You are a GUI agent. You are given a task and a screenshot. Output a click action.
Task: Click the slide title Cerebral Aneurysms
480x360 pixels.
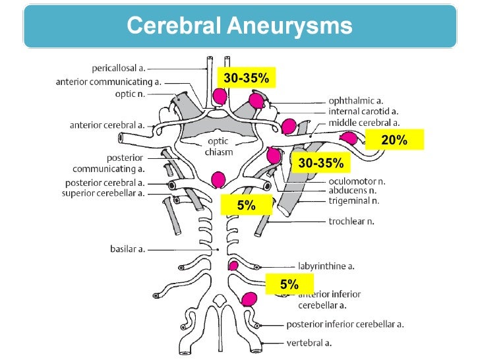click(x=239, y=26)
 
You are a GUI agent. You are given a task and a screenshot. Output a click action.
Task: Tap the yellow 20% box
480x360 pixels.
click(x=394, y=140)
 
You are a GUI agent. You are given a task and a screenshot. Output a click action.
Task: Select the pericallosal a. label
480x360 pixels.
click(x=119, y=68)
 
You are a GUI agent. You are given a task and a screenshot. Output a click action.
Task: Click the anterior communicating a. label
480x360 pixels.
click(x=108, y=82)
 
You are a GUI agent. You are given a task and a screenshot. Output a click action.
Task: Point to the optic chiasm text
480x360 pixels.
click(x=219, y=146)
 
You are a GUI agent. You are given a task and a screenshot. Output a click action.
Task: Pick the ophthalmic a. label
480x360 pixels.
click(x=356, y=101)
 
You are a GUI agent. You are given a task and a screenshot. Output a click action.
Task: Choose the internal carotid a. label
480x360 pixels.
click(x=363, y=111)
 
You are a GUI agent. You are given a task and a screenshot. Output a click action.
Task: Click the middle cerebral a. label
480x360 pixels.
click(x=364, y=123)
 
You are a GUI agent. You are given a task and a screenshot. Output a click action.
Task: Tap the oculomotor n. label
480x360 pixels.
click(x=357, y=181)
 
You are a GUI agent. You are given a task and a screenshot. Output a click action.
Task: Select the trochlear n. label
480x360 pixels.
click(x=351, y=221)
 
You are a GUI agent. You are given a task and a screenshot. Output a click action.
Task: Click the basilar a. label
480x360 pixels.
click(x=127, y=249)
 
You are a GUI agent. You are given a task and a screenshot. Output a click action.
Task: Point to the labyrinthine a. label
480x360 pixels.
click(x=326, y=266)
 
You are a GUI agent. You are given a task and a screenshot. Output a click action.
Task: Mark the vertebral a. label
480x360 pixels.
click(x=309, y=343)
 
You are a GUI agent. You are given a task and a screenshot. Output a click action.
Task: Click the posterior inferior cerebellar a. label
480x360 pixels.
click(x=345, y=324)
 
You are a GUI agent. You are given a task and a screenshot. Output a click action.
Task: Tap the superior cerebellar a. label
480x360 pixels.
click(x=103, y=193)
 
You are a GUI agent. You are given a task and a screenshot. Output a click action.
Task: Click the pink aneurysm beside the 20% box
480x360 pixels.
click(x=349, y=138)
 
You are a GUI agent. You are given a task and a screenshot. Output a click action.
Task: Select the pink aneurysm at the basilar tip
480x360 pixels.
click(x=218, y=180)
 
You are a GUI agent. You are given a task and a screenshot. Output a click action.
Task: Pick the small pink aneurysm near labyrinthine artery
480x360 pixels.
click(x=233, y=266)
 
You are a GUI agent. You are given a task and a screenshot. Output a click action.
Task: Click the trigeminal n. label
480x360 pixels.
click(x=354, y=201)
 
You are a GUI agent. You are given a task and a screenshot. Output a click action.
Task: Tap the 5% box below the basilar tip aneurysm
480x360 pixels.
click(x=247, y=205)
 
